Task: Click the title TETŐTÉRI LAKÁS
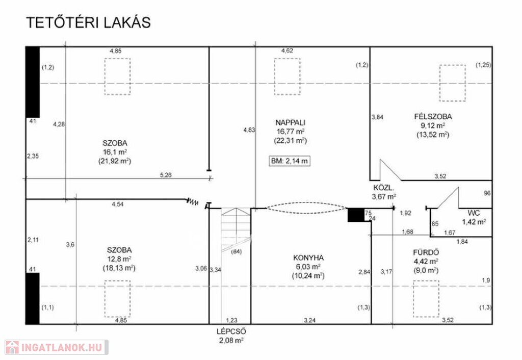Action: click(88, 22)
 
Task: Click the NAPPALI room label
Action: click(290, 122)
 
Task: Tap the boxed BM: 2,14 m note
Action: click(290, 161)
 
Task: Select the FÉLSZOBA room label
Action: click(433, 117)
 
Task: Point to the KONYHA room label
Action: click(308, 258)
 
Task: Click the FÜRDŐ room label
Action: click(426, 252)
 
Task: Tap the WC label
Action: click(474, 213)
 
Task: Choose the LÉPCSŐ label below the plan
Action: click(231, 331)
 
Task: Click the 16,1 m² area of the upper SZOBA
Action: click(115, 152)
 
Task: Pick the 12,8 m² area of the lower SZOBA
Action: click(119, 259)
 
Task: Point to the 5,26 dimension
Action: click(166, 175)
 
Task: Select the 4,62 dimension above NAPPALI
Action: click(287, 50)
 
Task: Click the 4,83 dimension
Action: click(249, 130)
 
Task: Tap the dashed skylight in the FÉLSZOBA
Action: click(453, 83)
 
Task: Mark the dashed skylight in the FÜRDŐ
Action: click(426, 299)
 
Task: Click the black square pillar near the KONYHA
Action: click(356, 215)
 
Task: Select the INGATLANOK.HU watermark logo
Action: click(56, 347)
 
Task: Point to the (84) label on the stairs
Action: click(236, 252)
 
